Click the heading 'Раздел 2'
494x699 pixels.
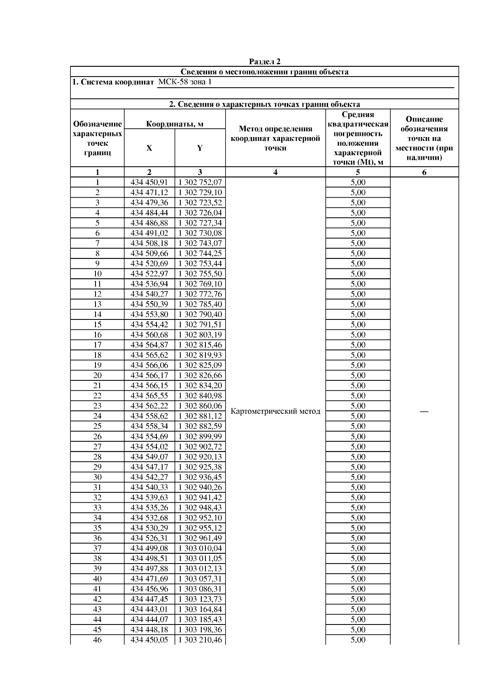pyautogui.click(x=265, y=62)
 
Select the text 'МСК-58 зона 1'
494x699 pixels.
pyautogui.click(x=185, y=82)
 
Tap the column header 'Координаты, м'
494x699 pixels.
pyautogui.click(x=175, y=124)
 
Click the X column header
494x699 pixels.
pyautogui.click(x=149, y=148)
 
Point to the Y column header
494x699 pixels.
pyautogui.click(x=200, y=148)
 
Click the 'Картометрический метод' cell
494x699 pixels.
pyautogui.click(x=275, y=411)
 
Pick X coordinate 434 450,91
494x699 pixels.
pyautogui.click(x=149, y=182)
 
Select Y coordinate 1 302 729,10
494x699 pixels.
pyautogui.click(x=200, y=193)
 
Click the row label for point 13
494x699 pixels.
pyautogui.click(x=98, y=304)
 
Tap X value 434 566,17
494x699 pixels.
pyautogui.click(x=149, y=375)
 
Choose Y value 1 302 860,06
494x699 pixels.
pyautogui.click(x=200, y=406)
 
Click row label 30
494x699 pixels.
pyautogui.click(x=98, y=477)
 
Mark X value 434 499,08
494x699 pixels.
pyautogui.click(x=149, y=548)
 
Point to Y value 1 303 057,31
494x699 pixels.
pyautogui.click(x=200, y=579)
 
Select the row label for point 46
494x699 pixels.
pyautogui.click(x=98, y=640)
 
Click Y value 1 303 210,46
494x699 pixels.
pyautogui.click(x=200, y=640)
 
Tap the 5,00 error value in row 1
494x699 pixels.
pyautogui.click(x=358, y=182)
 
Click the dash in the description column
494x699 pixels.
pyautogui.click(x=424, y=411)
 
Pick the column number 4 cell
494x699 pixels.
pyautogui.click(x=275, y=172)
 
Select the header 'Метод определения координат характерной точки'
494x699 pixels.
pyautogui.click(x=275, y=138)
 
